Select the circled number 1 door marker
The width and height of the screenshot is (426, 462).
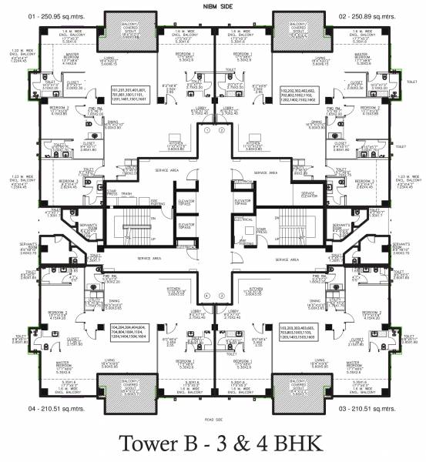pos(206,131)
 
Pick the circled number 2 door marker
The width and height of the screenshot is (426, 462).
pos(220,131)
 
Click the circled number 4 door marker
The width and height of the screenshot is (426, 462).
pos(206,296)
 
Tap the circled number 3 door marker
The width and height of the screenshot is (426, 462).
pos(220,296)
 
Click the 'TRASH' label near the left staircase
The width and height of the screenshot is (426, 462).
pos(126,192)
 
